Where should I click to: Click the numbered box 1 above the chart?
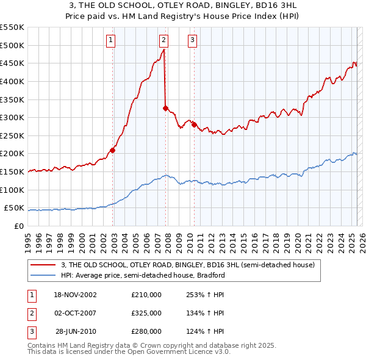[111, 41]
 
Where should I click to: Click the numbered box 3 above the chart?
[192, 41]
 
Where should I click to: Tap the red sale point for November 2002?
[113, 150]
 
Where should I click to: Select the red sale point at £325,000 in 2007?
[165, 109]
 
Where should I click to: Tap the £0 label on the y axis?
[18, 226]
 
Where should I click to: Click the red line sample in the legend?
[43, 265]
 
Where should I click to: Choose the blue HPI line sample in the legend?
[43, 275]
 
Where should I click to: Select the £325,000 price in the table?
[146, 313]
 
